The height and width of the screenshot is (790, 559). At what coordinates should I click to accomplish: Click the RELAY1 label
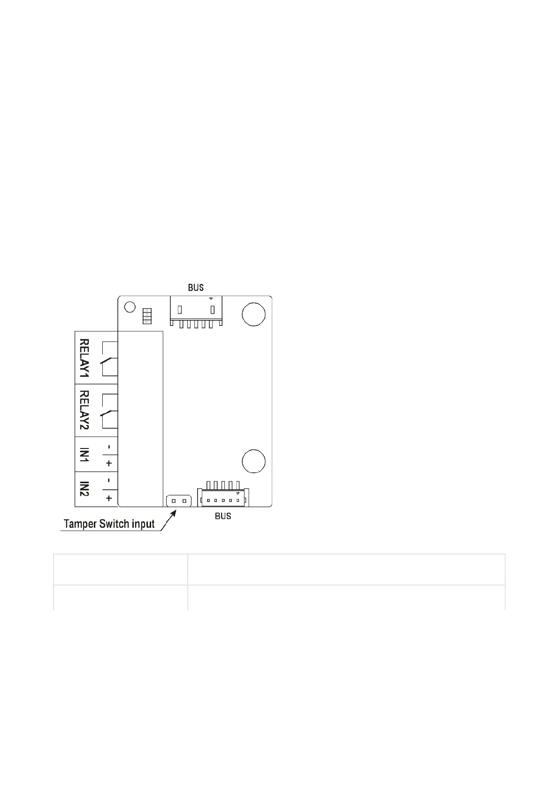point(84,358)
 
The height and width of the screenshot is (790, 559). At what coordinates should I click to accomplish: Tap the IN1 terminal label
point(84,455)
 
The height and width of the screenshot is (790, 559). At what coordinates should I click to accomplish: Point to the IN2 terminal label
point(84,489)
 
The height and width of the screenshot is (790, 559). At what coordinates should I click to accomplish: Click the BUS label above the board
point(196,288)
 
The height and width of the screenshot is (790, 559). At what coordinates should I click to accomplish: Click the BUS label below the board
point(223,516)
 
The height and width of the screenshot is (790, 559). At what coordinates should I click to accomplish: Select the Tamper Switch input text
point(109,524)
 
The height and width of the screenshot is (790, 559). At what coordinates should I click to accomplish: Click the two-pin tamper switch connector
point(179,501)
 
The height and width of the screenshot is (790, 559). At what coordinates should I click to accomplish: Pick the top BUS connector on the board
point(196,311)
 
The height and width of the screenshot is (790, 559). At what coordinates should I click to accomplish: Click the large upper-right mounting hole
point(253,314)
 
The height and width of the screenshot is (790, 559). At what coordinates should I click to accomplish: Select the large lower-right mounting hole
point(253,460)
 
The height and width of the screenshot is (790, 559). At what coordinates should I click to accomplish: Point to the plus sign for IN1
point(109,463)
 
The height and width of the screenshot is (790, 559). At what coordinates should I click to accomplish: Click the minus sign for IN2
point(109,481)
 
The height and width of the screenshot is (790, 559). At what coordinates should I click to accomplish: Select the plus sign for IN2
point(109,498)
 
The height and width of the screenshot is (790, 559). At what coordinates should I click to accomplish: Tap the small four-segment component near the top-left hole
point(147,317)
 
